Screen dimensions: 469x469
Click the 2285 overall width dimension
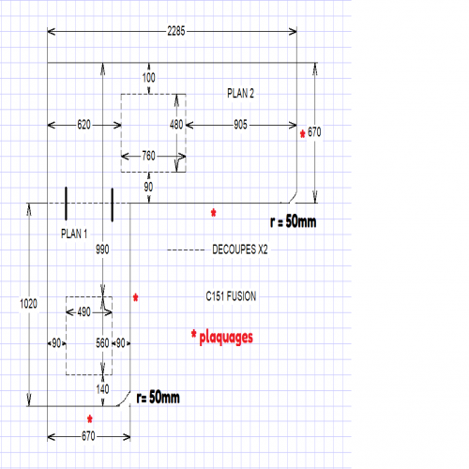(176, 31)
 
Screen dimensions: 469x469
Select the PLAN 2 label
(240, 93)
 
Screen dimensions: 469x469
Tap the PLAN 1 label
(74, 234)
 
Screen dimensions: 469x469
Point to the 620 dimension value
(84, 125)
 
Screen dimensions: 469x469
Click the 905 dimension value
(240, 125)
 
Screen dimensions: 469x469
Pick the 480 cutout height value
(176, 125)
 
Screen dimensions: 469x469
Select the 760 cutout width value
(148, 156)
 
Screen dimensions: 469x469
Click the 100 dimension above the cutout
(148, 78)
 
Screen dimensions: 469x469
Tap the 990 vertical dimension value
(102, 250)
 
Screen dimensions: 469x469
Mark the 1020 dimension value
(28, 304)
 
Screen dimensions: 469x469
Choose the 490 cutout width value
(84, 311)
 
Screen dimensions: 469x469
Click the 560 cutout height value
(102, 343)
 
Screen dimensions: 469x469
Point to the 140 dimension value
(102, 389)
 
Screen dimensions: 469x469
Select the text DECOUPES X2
(240, 250)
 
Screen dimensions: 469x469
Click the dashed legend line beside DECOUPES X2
(186, 250)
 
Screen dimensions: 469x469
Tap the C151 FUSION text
(231, 296)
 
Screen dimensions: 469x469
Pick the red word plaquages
(226, 338)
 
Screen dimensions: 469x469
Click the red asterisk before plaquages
(194, 334)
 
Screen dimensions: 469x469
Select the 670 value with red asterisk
(314, 132)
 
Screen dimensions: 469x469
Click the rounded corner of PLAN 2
(294, 198)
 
